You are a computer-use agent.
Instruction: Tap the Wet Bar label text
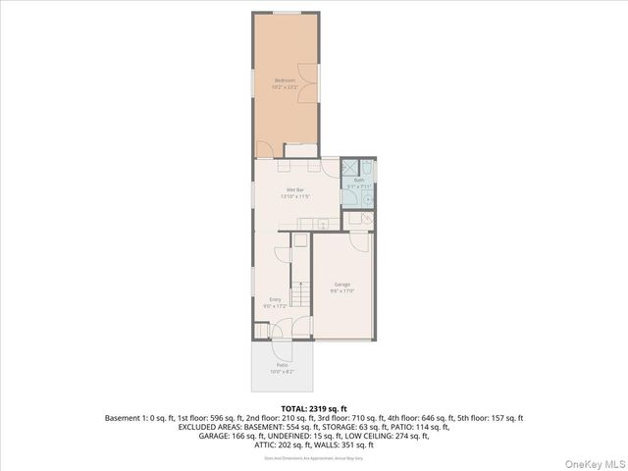pyautogui.click(x=294, y=189)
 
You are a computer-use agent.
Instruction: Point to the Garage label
pyautogui.click(x=341, y=285)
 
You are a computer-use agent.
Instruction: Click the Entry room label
pyautogui.click(x=275, y=299)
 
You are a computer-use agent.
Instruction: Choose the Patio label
pyautogui.click(x=282, y=365)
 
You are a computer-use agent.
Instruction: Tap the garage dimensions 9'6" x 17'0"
pyautogui.click(x=341, y=291)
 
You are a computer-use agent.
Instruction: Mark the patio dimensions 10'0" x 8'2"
pyautogui.click(x=282, y=372)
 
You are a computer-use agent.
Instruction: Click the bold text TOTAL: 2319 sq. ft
pyautogui.click(x=314, y=408)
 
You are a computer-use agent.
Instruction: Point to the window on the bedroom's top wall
pyautogui.click(x=287, y=13)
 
